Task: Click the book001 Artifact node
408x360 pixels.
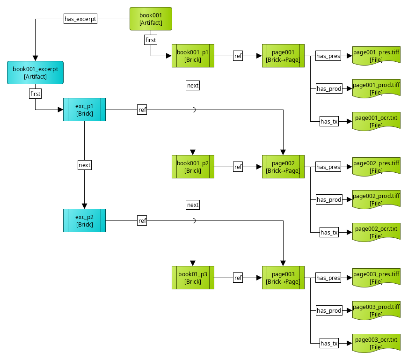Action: (x=151, y=19)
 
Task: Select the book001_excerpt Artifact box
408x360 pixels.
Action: (x=35, y=73)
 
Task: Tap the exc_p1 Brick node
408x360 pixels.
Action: (x=84, y=110)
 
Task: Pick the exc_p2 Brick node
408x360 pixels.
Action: (x=84, y=220)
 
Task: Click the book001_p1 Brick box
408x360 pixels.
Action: (x=193, y=56)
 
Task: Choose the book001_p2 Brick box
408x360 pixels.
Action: (x=193, y=167)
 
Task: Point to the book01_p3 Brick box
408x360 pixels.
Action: (x=193, y=278)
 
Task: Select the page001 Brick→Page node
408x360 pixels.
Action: (x=283, y=56)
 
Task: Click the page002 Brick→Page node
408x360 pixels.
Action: (x=283, y=167)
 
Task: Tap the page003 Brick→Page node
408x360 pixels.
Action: (x=283, y=278)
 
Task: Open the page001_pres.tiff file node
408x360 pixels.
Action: (x=376, y=56)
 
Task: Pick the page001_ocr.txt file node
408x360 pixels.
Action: (x=376, y=121)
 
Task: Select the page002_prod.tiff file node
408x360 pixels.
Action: (x=376, y=199)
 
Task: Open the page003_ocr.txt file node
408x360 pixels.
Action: (x=376, y=343)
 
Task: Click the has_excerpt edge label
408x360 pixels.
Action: (x=80, y=19)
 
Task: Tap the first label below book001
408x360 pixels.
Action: (x=151, y=40)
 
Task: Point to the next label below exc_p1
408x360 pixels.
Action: (x=84, y=165)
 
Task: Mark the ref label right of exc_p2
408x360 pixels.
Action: (x=142, y=220)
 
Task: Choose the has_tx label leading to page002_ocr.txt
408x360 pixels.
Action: (x=329, y=232)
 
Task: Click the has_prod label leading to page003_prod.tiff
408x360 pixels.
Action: (x=329, y=310)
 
